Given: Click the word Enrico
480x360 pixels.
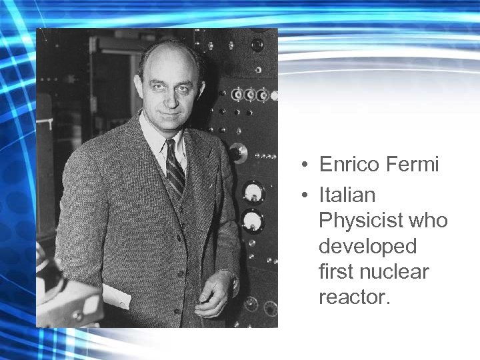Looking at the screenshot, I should click(350, 165).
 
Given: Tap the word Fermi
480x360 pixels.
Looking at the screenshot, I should click(413, 165).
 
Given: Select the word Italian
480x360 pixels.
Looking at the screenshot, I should click(347, 195).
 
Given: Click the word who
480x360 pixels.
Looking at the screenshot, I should click(428, 221).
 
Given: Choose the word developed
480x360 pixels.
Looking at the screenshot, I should click(367, 247).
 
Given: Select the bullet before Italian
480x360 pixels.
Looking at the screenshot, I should click(303, 196).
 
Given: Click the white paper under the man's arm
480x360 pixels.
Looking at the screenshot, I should click(117, 297).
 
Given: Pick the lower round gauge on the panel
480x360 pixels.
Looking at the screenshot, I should click(251, 220).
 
